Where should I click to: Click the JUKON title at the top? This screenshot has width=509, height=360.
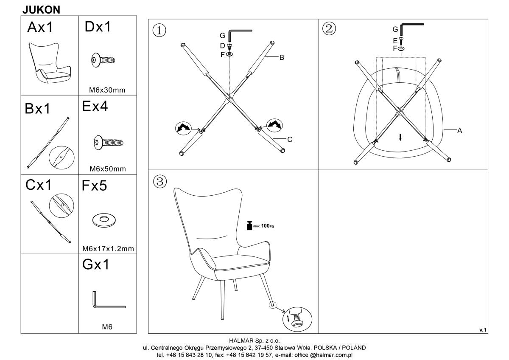point(41,10)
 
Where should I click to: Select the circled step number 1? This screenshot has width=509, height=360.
point(159,31)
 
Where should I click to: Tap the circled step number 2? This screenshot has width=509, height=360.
point(329,28)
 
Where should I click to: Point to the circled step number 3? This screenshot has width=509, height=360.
point(160,181)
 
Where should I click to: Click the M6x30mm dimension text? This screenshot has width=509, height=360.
point(107,90)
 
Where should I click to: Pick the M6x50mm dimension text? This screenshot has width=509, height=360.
point(108,169)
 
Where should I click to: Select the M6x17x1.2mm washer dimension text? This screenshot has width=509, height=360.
point(108,249)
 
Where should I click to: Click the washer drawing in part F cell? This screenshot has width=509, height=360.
point(104,219)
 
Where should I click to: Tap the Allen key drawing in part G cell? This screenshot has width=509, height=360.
point(109,300)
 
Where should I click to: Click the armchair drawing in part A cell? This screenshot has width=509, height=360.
point(50,62)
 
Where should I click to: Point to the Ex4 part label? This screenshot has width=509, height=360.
point(95,106)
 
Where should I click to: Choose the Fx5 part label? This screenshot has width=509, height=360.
point(94,186)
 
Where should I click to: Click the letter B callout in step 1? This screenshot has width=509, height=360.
point(282,58)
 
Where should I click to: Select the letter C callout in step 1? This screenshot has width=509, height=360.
point(290,139)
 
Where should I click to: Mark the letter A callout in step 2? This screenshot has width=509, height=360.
point(460,130)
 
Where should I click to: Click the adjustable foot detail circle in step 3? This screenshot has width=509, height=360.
point(297,319)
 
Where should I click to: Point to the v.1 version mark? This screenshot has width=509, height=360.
point(483,330)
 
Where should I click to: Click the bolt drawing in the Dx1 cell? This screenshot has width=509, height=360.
point(103,60)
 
